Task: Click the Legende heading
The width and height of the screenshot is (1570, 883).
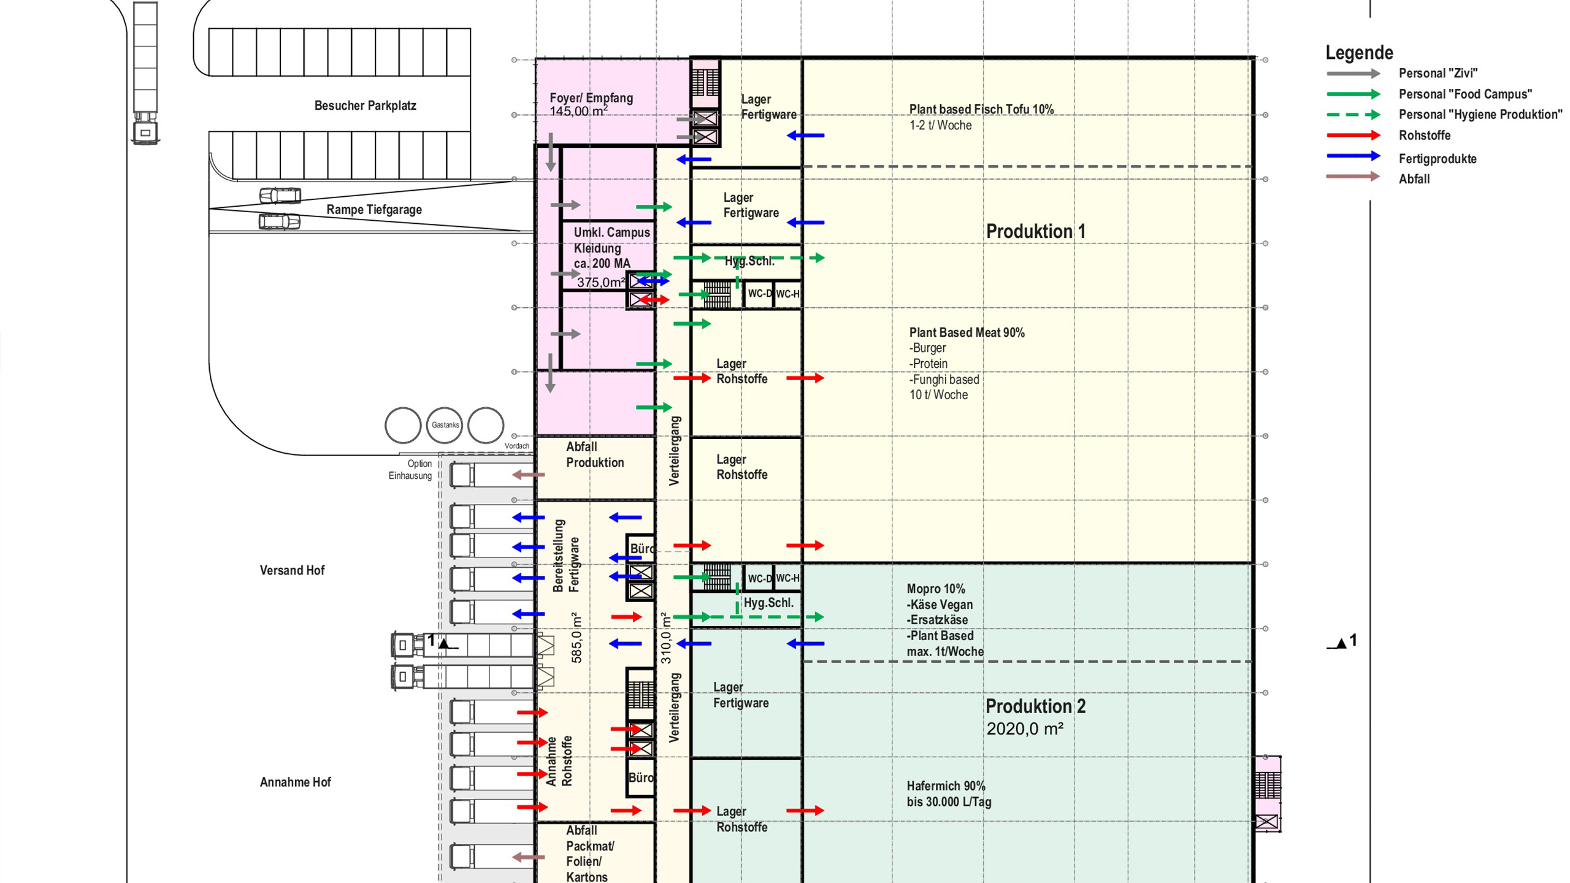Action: pos(1359,53)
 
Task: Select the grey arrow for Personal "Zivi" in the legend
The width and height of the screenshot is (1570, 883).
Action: pos(1353,74)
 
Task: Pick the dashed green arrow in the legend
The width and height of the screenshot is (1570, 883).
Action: pos(1353,115)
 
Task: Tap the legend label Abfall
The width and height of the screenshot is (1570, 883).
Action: pos(1414,180)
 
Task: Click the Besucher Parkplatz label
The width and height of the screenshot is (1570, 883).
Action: pos(365,105)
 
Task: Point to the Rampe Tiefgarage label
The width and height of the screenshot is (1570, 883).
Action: pos(373,210)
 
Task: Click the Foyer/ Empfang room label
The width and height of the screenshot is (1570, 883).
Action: pos(591,98)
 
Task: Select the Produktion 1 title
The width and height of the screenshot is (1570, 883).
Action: pos(1035,232)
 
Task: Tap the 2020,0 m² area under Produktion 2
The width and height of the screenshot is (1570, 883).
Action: pos(1024,729)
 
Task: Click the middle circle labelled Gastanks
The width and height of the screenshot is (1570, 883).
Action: pos(445,425)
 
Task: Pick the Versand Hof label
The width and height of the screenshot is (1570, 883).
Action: pos(292,571)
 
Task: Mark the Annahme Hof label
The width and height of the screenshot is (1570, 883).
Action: pos(295,782)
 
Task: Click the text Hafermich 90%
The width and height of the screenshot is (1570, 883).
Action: pos(946,786)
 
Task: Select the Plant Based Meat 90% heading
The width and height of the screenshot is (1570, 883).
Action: pos(967,333)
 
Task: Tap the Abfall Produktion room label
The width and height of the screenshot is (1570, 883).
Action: pos(594,455)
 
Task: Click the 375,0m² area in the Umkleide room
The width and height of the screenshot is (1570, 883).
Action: pos(600,283)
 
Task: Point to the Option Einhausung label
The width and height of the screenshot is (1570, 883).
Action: pos(410,470)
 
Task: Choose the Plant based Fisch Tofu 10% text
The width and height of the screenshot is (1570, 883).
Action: pos(981,110)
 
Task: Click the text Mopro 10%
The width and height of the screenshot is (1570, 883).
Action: pos(935,589)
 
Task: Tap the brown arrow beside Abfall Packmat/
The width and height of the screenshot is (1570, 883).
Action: pos(528,857)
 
